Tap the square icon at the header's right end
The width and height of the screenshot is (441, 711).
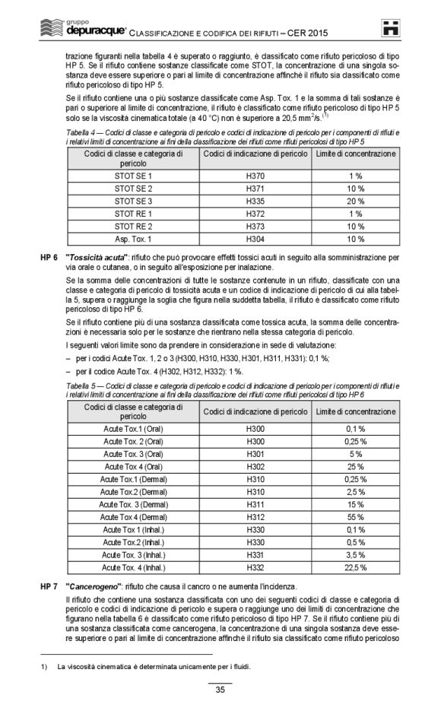pyautogui.click(x=390, y=27)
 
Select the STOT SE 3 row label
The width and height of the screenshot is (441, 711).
pyautogui.click(x=133, y=201)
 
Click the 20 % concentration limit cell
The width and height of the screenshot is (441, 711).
pyautogui.click(x=356, y=201)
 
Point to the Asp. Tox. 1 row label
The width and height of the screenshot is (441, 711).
pyautogui.click(x=133, y=239)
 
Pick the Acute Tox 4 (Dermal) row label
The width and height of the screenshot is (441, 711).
pyautogui.click(x=133, y=517)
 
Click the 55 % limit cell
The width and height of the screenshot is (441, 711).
pyautogui.click(x=356, y=517)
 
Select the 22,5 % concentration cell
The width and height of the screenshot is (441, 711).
pyautogui.click(x=356, y=567)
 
